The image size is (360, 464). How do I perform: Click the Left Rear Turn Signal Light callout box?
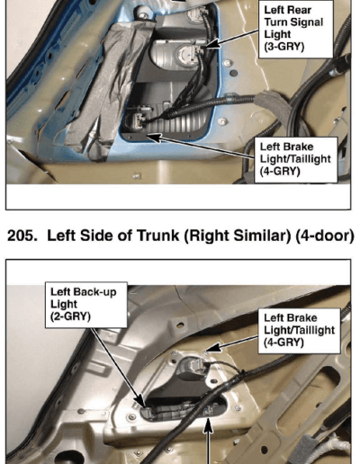(296, 29)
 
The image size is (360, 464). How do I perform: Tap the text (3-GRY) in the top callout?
(284, 47)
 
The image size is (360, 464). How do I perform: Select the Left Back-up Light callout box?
(86, 305)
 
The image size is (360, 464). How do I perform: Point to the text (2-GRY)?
(70, 317)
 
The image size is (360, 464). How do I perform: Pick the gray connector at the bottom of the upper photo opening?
(137, 119)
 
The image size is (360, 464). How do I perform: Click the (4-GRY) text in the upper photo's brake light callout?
(280, 171)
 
